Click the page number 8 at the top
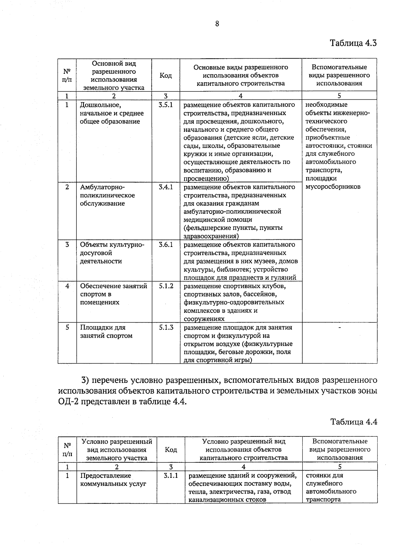tap(217, 24)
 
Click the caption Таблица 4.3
tap(353, 43)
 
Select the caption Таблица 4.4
tap(354, 421)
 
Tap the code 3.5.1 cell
tap(165, 105)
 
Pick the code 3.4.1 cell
tap(165, 187)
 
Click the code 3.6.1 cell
tap(165, 245)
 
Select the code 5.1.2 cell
tap(166, 286)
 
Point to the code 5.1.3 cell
tap(166, 327)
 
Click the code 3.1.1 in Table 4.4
tap(171, 475)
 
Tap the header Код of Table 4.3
tap(165, 75)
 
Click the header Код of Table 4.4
tap(171, 450)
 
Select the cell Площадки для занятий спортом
tap(106, 332)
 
